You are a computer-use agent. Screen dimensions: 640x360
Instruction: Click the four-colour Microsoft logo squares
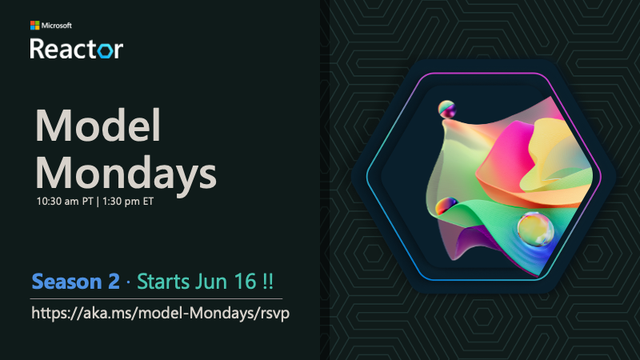(34, 26)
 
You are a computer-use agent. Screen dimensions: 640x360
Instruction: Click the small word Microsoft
(57, 26)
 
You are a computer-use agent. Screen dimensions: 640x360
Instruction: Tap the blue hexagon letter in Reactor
(105, 50)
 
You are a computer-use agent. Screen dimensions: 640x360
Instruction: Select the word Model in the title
(98, 126)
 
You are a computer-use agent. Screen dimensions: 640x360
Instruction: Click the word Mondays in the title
(126, 174)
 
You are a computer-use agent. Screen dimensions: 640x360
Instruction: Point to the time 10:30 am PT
(65, 202)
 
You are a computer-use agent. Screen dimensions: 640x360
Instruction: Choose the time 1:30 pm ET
(128, 202)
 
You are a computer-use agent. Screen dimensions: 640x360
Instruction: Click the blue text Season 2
(75, 282)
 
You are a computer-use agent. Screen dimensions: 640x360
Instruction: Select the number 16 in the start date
(245, 282)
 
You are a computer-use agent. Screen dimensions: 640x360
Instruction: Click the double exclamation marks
(268, 282)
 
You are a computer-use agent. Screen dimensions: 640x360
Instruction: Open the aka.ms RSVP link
(161, 314)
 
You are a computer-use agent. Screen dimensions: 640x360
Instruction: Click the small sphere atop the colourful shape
(446, 110)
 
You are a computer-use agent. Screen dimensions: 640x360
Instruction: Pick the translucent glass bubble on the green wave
(535, 230)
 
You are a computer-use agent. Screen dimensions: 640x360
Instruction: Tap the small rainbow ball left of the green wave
(446, 206)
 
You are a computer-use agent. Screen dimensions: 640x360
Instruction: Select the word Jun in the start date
(212, 282)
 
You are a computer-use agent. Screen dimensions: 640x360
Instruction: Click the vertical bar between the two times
(98, 202)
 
